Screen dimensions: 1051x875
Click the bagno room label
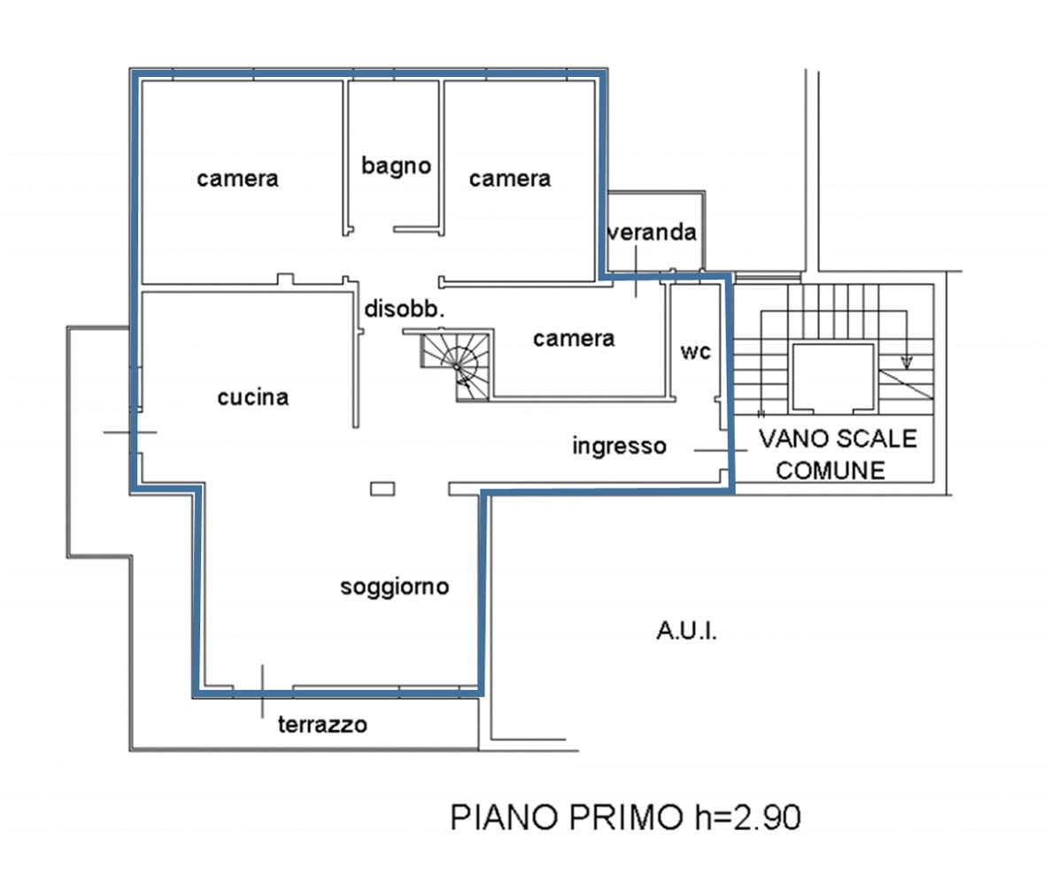tap(396, 166)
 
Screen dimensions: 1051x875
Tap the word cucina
tap(252, 397)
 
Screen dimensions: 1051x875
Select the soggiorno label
tap(394, 587)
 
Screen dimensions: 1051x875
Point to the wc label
tap(695, 352)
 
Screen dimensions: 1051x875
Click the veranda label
tap(652, 232)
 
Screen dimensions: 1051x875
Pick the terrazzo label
tap(322, 725)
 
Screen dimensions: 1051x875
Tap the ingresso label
tap(619, 446)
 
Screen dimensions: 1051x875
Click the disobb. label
tap(404, 309)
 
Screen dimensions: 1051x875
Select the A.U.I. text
tap(686, 631)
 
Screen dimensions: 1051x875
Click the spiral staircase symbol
tap(456, 366)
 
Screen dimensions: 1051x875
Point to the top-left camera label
tap(237, 178)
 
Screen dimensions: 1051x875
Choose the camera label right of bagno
tap(509, 178)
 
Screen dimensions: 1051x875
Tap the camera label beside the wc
tap(574, 338)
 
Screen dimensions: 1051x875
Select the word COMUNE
tap(831, 471)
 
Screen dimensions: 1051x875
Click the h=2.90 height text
tap(748, 817)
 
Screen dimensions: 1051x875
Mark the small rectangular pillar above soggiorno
tap(383, 489)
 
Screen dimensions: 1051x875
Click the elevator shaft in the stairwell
tap(833, 378)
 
